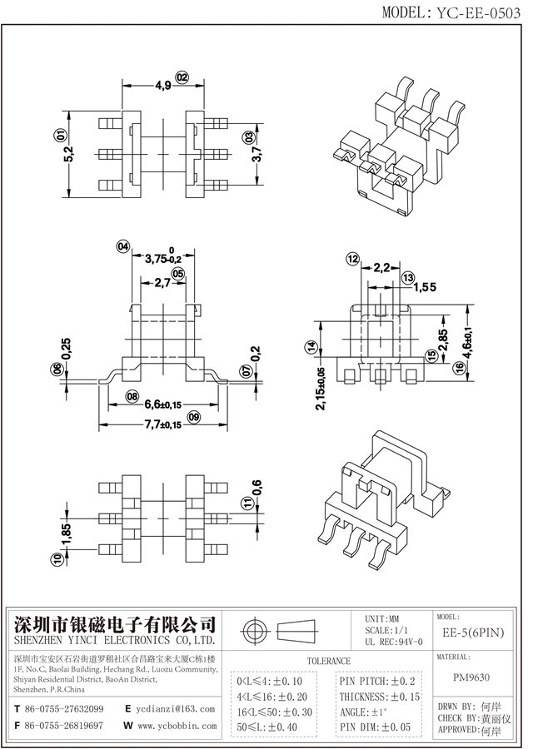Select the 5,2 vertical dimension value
pyautogui.click(x=67, y=154)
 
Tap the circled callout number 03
pyautogui.click(x=247, y=136)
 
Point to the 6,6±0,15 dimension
pyautogui.click(x=163, y=405)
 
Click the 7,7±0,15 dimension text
pyautogui.click(x=163, y=424)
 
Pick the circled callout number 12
pyautogui.click(x=352, y=260)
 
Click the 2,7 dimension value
pyautogui.click(x=162, y=283)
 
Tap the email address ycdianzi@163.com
pyautogui.click(x=174, y=709)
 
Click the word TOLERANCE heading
pyautogui.click(x=329, y=660)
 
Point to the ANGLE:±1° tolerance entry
pyautogui.click(x=364, y=712)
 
